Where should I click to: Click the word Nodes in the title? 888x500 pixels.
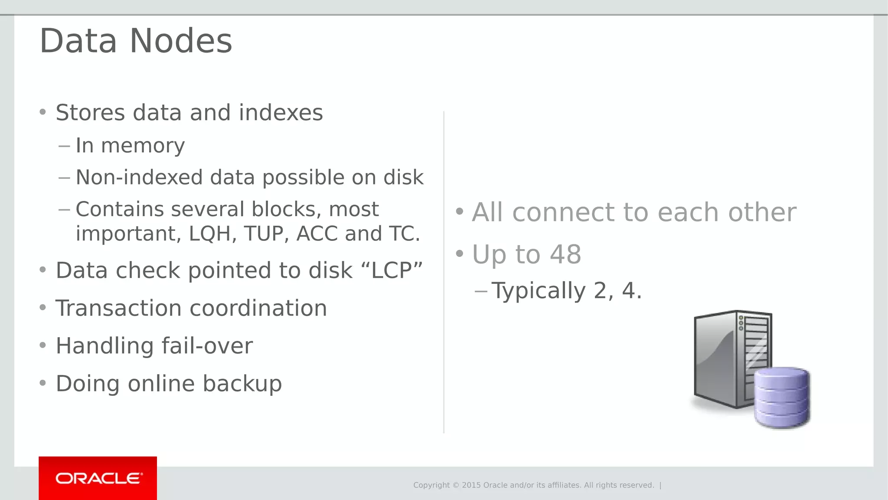click(181, 41)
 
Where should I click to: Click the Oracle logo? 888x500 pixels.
click(98, 478)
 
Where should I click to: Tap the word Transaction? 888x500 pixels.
click(118, 308)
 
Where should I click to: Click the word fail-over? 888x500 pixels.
click(207, 346)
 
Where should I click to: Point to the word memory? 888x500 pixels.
click(143, 145)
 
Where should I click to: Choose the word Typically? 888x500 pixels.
click(539, 291)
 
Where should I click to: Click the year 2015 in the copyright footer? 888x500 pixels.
click(471, 485)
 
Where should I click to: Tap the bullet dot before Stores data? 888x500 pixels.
click(42, 112)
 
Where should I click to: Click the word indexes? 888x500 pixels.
click(281, 113)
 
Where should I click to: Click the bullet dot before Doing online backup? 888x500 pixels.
click(42, 383)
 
